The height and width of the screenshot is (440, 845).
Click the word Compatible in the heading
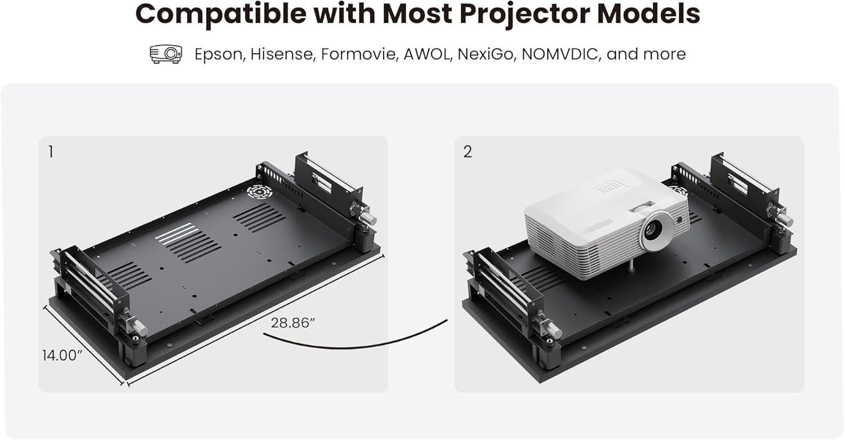click(x=220, y=14)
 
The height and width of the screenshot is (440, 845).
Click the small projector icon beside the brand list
click(x=166, y=54)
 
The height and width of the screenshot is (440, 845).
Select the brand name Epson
click(x=220, y=55)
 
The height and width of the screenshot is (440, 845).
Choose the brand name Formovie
click(x=360, y=54)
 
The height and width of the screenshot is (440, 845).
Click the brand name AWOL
click(x=428, y=54)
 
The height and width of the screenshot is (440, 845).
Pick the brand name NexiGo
click(x=486, y=55)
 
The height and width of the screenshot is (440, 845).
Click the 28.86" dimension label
click(x=293, y=323)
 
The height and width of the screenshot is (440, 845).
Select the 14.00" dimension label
click(x=62, y=355)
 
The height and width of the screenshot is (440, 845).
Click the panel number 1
click(x=51, y=152)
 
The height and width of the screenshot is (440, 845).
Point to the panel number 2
click(x=468, y=152)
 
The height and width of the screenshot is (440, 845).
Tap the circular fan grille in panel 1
click(x=260, y=192)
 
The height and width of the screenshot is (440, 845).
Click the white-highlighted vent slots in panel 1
click(x=176, y=232)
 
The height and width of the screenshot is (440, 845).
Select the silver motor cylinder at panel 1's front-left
click(x=139, y=326)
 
